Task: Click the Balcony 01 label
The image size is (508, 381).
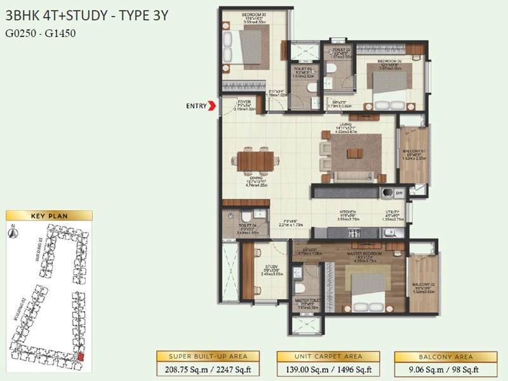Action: (x=413, y=151)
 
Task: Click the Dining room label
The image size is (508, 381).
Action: (x=255, y=178)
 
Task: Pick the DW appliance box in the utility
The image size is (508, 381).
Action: (x=399, y=192)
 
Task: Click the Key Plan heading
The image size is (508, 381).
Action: (x=49, y=216)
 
